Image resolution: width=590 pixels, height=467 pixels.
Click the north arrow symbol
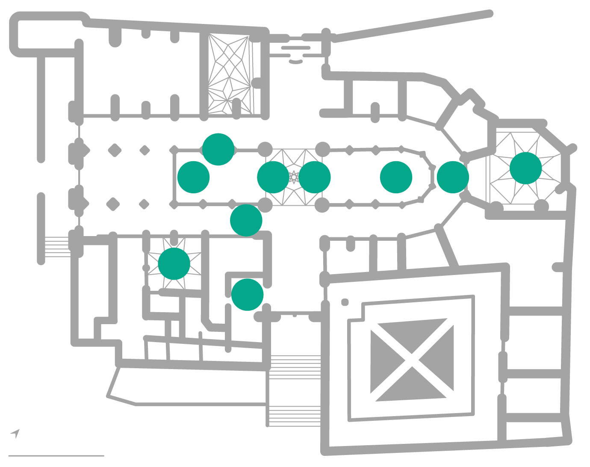pos(16,433)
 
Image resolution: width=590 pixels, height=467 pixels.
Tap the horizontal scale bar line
pos(56,456)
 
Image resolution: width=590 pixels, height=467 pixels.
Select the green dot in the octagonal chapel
pos(525,168)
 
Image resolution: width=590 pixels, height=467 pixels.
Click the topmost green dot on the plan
pos(218,149)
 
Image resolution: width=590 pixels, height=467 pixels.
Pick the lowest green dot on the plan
pos(247,295)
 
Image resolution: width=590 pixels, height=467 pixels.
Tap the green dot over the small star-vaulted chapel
pos(174,264)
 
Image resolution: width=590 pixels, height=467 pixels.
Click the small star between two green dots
pos(294,177)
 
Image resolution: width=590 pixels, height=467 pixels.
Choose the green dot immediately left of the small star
pos(273,177)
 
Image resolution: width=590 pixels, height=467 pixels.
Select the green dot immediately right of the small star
pos(315,177)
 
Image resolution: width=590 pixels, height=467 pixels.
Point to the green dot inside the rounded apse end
pos(396,177)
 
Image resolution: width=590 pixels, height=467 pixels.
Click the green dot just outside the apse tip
pos(453,177)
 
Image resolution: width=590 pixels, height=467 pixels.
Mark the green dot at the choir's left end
pos(193,177)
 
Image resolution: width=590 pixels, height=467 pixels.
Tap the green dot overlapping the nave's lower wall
pos(246,220)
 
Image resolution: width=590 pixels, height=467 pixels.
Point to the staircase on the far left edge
pos(57,247)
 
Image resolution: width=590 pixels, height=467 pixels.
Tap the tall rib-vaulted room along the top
pos(229,75)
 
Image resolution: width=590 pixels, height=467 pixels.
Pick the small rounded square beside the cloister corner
pos(345,302)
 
